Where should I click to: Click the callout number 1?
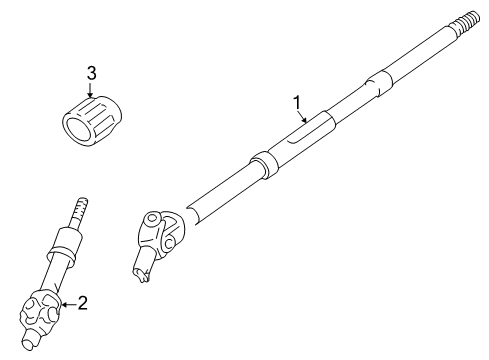click(296, 101)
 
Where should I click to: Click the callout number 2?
click(83, 301)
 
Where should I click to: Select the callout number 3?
click(91, 73)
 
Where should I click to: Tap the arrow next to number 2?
click(66, 302)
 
